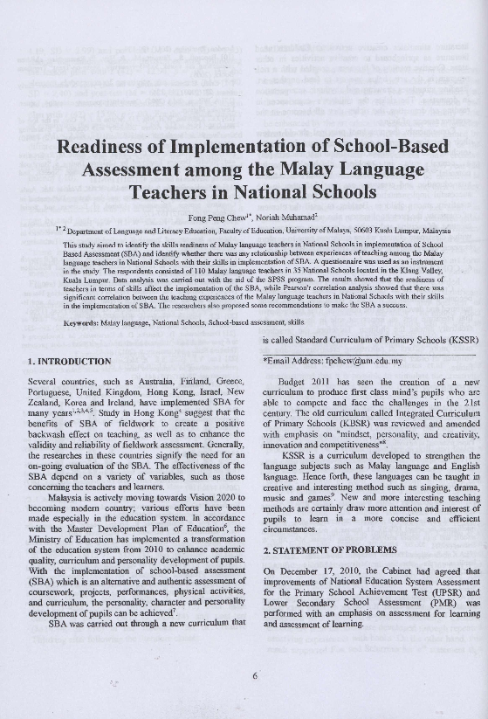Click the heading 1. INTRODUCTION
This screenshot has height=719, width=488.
tap(70, 361)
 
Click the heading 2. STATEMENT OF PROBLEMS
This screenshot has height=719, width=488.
tap(330, 550)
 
